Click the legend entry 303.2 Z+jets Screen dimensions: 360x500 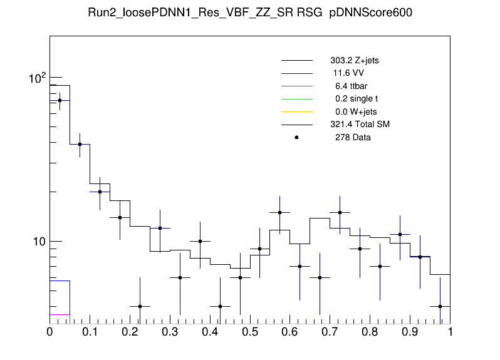(354, 61)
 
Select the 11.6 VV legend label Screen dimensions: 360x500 (349, 73)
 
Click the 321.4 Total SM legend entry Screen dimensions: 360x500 (360, 125)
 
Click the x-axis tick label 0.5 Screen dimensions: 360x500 (250, 331)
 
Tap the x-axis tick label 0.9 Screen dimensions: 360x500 (410, 331)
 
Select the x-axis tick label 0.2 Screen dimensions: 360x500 (130, 331)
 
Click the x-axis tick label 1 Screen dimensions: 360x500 (450, 331)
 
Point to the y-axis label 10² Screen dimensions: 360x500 (37, 78)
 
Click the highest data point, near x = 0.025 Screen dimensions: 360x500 (60, 100)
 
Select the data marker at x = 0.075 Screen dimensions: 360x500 (80, 144)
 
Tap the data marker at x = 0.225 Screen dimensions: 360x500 (140, 306)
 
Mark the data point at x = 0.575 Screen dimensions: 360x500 (280, 212)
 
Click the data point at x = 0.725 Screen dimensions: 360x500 (340, 212)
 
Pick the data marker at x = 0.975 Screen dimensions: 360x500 (440, 306)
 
